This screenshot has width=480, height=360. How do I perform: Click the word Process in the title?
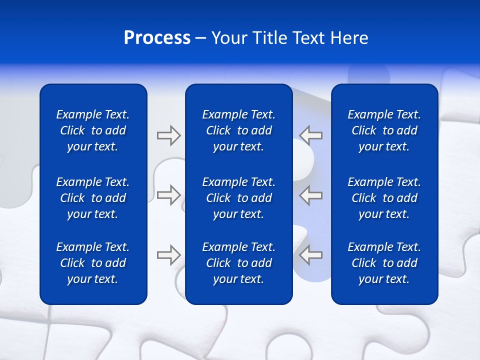click(x=157, y=38)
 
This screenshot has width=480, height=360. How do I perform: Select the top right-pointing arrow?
click(x=168, y=135)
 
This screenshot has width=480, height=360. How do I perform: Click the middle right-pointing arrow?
click(x=168, y=194)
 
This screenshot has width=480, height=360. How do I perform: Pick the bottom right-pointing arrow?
click(x=168, y=255)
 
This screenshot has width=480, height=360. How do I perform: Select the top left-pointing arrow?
click(x=310, y=135)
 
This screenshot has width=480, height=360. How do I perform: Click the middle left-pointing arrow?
click(x=310, y=194)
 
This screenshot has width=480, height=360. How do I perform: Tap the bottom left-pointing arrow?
click(x=310, y=255)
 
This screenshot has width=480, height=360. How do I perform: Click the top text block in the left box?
click(x=93, y=130)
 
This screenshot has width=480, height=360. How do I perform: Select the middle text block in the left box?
click(x=93, y=198)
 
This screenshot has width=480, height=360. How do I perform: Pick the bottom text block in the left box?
click(x=93, y=263)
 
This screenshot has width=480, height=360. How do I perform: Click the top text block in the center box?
click(x=238, y=130)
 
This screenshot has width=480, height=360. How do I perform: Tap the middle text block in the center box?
click(x=238, y=198)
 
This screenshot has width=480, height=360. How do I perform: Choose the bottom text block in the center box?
click(x=238, y=263)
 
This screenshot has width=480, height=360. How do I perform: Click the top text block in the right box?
click(x=384, y=130)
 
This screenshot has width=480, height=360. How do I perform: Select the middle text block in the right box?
click(x=384, y=198)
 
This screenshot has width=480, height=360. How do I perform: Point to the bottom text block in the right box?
click(x=384, y=263)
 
